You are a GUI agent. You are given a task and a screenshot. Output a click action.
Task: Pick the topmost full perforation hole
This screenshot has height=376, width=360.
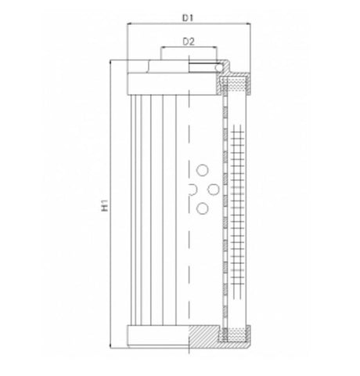click(202, 170)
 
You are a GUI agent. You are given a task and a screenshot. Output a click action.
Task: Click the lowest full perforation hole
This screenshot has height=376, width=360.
click(202, 208)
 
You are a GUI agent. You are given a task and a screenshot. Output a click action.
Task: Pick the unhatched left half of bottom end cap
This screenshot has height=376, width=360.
click(157, 336)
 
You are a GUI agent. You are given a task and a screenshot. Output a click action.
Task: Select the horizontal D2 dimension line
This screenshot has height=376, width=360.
click(188, 48)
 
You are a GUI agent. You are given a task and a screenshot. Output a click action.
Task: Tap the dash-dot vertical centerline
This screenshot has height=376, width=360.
click(189, 258)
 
